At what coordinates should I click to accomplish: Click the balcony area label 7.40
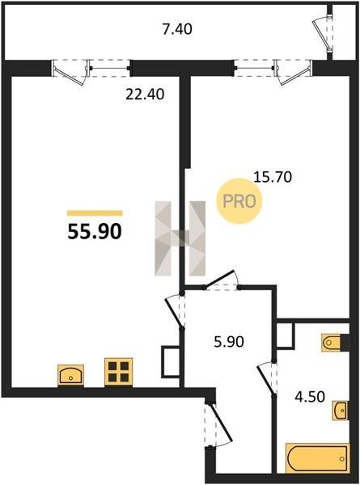click(177, 29)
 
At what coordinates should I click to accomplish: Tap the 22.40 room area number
click(145, 94)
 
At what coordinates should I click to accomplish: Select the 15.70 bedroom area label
click(273, 177)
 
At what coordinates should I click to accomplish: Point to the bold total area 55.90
click(95, 232)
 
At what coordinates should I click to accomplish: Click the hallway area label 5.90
click(229, 342)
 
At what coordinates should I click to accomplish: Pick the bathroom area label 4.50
click(310, 397)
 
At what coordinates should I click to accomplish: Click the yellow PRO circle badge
click(239, 201)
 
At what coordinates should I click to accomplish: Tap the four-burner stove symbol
click(119, 372)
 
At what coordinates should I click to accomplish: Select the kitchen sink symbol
click(71, 375)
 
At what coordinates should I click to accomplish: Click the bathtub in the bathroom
click(318, 458)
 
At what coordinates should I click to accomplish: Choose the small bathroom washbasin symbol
click(341, 411)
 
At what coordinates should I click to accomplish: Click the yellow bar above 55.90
click(95, 213)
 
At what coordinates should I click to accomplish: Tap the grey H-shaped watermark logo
click(180, 238)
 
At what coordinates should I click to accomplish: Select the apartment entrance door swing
click(218, 424)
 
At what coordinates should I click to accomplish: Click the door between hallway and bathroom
click(267, 378)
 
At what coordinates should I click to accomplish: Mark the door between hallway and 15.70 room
click(222, 280)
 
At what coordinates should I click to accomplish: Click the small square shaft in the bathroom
click(285, 335)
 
